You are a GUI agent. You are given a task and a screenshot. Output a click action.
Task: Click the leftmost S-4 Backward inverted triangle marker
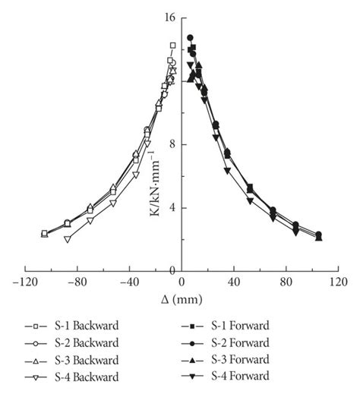(x=68, y=239)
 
